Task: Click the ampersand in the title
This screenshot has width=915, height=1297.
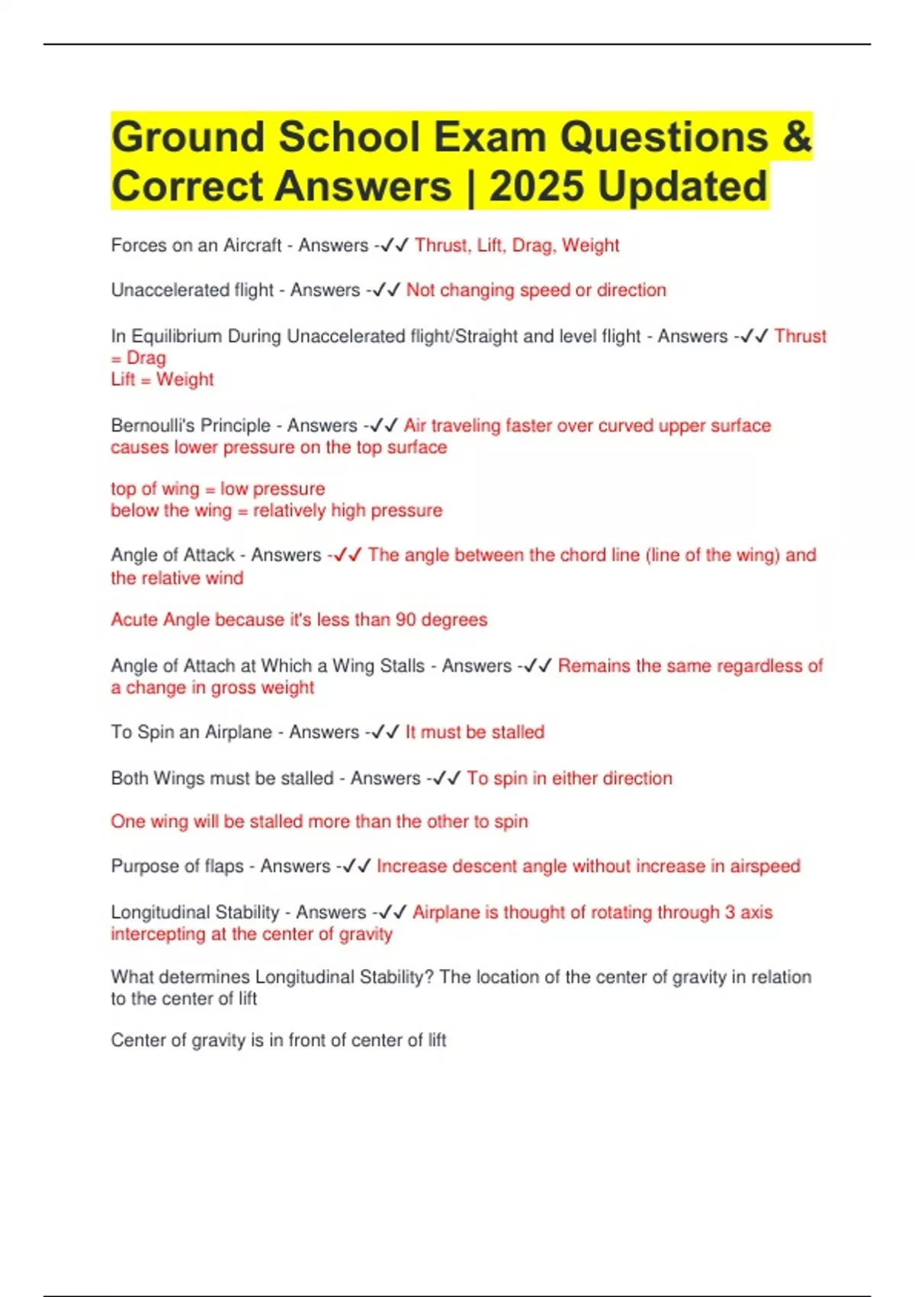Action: pos(796,137)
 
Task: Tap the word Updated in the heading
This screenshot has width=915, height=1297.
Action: pos(682,187)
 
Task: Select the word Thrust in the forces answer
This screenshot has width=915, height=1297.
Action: pos(441,246)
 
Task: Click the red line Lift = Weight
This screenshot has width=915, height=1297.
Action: pos(162,380)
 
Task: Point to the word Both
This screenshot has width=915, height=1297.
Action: pos(130,779)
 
